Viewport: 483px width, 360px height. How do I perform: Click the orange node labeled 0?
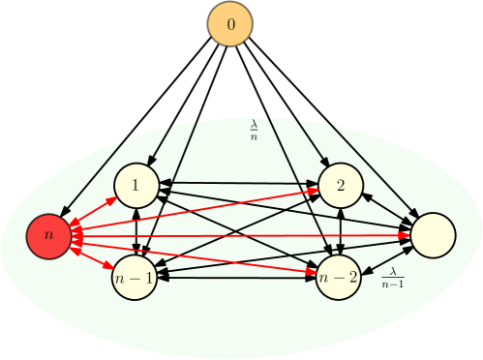229,22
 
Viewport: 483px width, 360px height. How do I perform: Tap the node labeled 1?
136,185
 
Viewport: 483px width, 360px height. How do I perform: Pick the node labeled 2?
340,185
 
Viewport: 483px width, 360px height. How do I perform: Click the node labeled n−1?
135,277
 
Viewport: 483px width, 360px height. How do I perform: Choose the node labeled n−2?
339,277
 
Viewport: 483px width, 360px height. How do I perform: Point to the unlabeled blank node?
433,235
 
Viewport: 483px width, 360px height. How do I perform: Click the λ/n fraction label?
255,130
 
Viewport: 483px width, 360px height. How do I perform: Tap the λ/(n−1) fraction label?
392,279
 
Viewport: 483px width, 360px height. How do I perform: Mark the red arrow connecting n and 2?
194,210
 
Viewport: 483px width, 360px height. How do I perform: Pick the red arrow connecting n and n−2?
194,256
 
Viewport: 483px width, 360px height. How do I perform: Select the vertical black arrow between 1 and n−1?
136,230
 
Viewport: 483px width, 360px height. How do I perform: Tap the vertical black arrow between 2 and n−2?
340,230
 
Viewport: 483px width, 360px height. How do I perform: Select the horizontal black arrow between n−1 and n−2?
237,277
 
